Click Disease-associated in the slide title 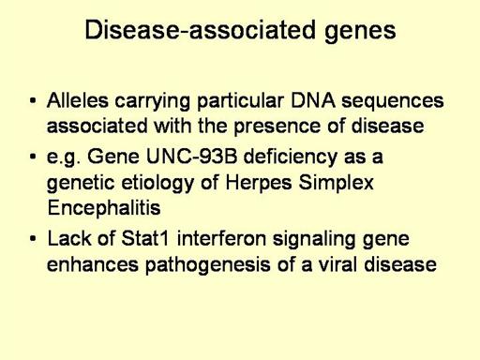200,30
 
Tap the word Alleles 78,100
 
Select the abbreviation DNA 313,100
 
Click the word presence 277,127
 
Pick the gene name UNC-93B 191,156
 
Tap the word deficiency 290,157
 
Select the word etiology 157,183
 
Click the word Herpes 259,183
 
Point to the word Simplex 336,183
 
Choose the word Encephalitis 104,207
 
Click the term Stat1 145,238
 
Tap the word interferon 221,238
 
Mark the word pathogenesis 208,265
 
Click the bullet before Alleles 33,100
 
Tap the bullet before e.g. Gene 33,156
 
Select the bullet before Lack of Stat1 33,238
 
